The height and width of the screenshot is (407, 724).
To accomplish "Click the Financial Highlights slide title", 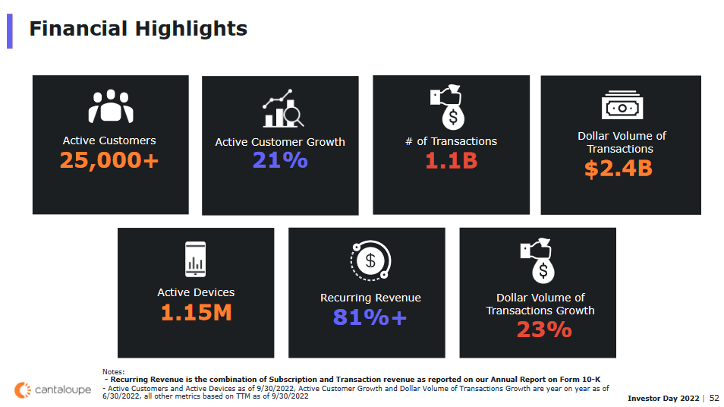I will coord(138,29).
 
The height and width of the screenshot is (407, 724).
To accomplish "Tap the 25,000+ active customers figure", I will coord(109,160).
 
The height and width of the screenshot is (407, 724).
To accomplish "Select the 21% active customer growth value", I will coord(280,160).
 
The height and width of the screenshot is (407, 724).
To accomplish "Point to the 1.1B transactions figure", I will coord(451,160).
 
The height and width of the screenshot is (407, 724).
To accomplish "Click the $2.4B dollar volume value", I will coord(619,168).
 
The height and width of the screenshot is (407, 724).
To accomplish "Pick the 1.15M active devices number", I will coord(196,312).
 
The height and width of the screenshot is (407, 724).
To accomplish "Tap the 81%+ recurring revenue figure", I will coord(370,317).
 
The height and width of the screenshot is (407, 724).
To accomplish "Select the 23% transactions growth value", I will coord(544,330).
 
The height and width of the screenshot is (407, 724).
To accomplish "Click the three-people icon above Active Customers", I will coord(111,107).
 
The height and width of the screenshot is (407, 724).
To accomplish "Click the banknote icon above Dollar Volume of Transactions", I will coord(622,106).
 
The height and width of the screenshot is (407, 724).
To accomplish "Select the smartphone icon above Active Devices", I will coord(195,260).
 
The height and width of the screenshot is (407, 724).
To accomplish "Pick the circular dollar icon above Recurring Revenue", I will coord(370,260).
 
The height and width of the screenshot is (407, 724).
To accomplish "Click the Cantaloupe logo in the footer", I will coord(53,390).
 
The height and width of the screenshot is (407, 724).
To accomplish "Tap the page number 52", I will coord(714,398).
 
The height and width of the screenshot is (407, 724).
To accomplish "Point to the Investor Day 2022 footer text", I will coord(664,398).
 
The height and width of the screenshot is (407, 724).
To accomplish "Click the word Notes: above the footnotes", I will coord(114,371).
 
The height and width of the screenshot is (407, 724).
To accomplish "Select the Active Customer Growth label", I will coord(280,142).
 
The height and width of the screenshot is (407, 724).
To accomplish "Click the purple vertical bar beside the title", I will coord(10,30).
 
